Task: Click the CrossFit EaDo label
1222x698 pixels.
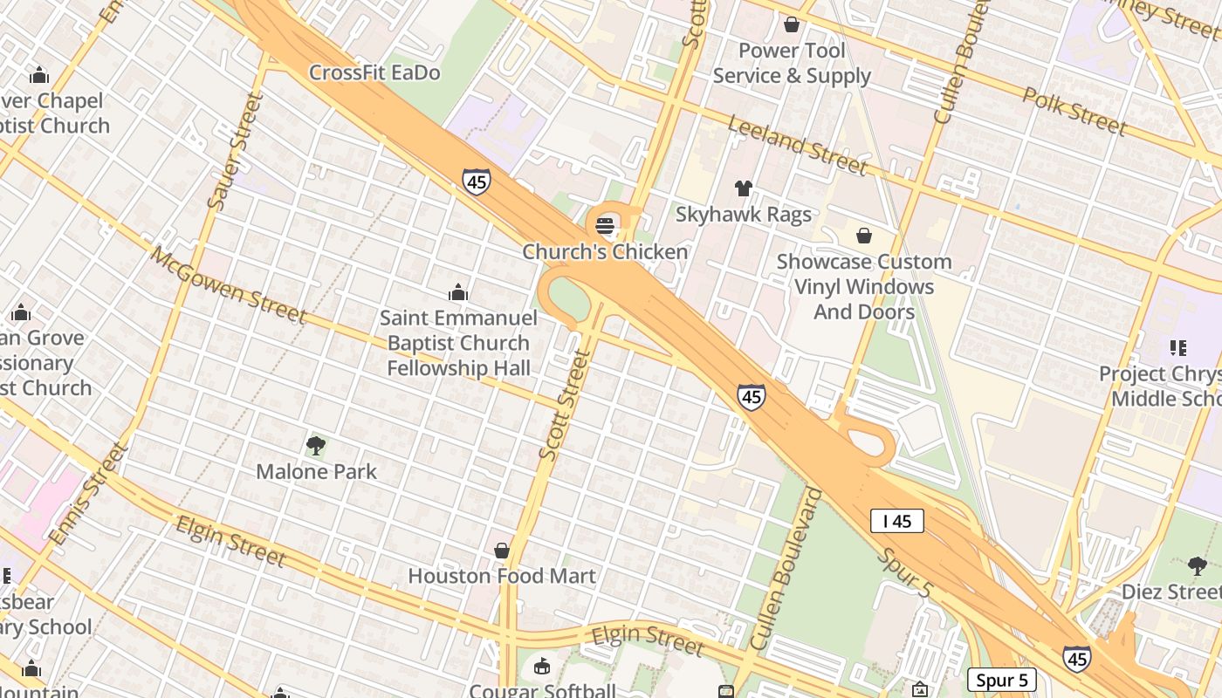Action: pyautogui.click(x=374, y=72)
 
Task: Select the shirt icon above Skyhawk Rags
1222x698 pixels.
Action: pyautogui.click(x=743, y=188)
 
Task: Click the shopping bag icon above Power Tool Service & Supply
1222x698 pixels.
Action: pyautogui.click(x=792, y=24)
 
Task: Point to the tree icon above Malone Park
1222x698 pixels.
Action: pyautogui.click(x=316, y=447)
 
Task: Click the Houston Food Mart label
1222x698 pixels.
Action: pyautogui.click(x=502, y=576)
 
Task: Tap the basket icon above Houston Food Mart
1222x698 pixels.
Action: pyautogui.click(x=502, y=551)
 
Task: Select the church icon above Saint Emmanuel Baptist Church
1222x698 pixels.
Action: pyautogui.click(x=458, y=292)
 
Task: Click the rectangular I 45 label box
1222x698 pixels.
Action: pyautogui.click(x=897, y=522)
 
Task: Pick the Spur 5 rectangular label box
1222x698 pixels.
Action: pyautogui.click(x=1001, y=680)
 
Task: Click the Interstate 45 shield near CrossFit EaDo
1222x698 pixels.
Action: pyautogui.click(x=476, y=182)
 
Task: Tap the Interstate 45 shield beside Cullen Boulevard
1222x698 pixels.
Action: pyautogui.click(x=751, y=397)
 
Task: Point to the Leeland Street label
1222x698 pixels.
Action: pyautogui.click(x=797, y=145)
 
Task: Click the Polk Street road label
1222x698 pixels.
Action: pyautogui.click(x=1074, y=111)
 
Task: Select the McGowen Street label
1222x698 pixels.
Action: pyautogui.click(x=228, y=285)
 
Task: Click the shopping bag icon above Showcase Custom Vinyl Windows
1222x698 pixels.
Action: pyautogui.click(x=864, y=236)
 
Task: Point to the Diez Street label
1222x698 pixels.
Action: pyautogui.click(x=1171, y=592)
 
